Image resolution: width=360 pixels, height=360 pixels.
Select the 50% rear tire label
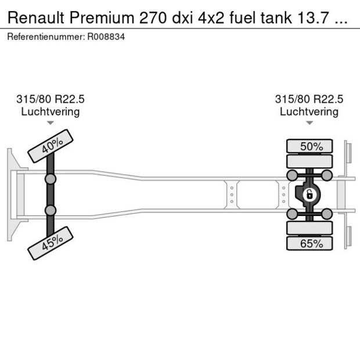pos(311,146)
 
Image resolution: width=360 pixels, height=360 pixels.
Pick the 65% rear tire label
pos(311,243)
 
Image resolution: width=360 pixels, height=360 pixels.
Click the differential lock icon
pos(309,195)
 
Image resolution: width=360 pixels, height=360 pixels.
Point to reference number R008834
pos(106,37)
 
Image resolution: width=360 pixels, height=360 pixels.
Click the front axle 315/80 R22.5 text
pos(51,99)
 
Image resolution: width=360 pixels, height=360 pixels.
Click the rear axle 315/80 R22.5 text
pos(309,99)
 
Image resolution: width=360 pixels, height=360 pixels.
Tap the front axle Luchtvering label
pos(51,111)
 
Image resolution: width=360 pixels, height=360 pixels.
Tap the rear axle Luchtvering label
pos(309,111)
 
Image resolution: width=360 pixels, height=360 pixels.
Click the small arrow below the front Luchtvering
pos(51,123)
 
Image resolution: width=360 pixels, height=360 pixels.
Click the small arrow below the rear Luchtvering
pos(309,123)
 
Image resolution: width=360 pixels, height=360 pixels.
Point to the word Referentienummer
pos(46,37)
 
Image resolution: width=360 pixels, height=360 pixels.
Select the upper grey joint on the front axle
pos(51,179)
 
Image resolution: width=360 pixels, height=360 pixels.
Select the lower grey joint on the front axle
pos(51,210)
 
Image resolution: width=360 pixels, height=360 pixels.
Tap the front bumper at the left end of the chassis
pos(12,194)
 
